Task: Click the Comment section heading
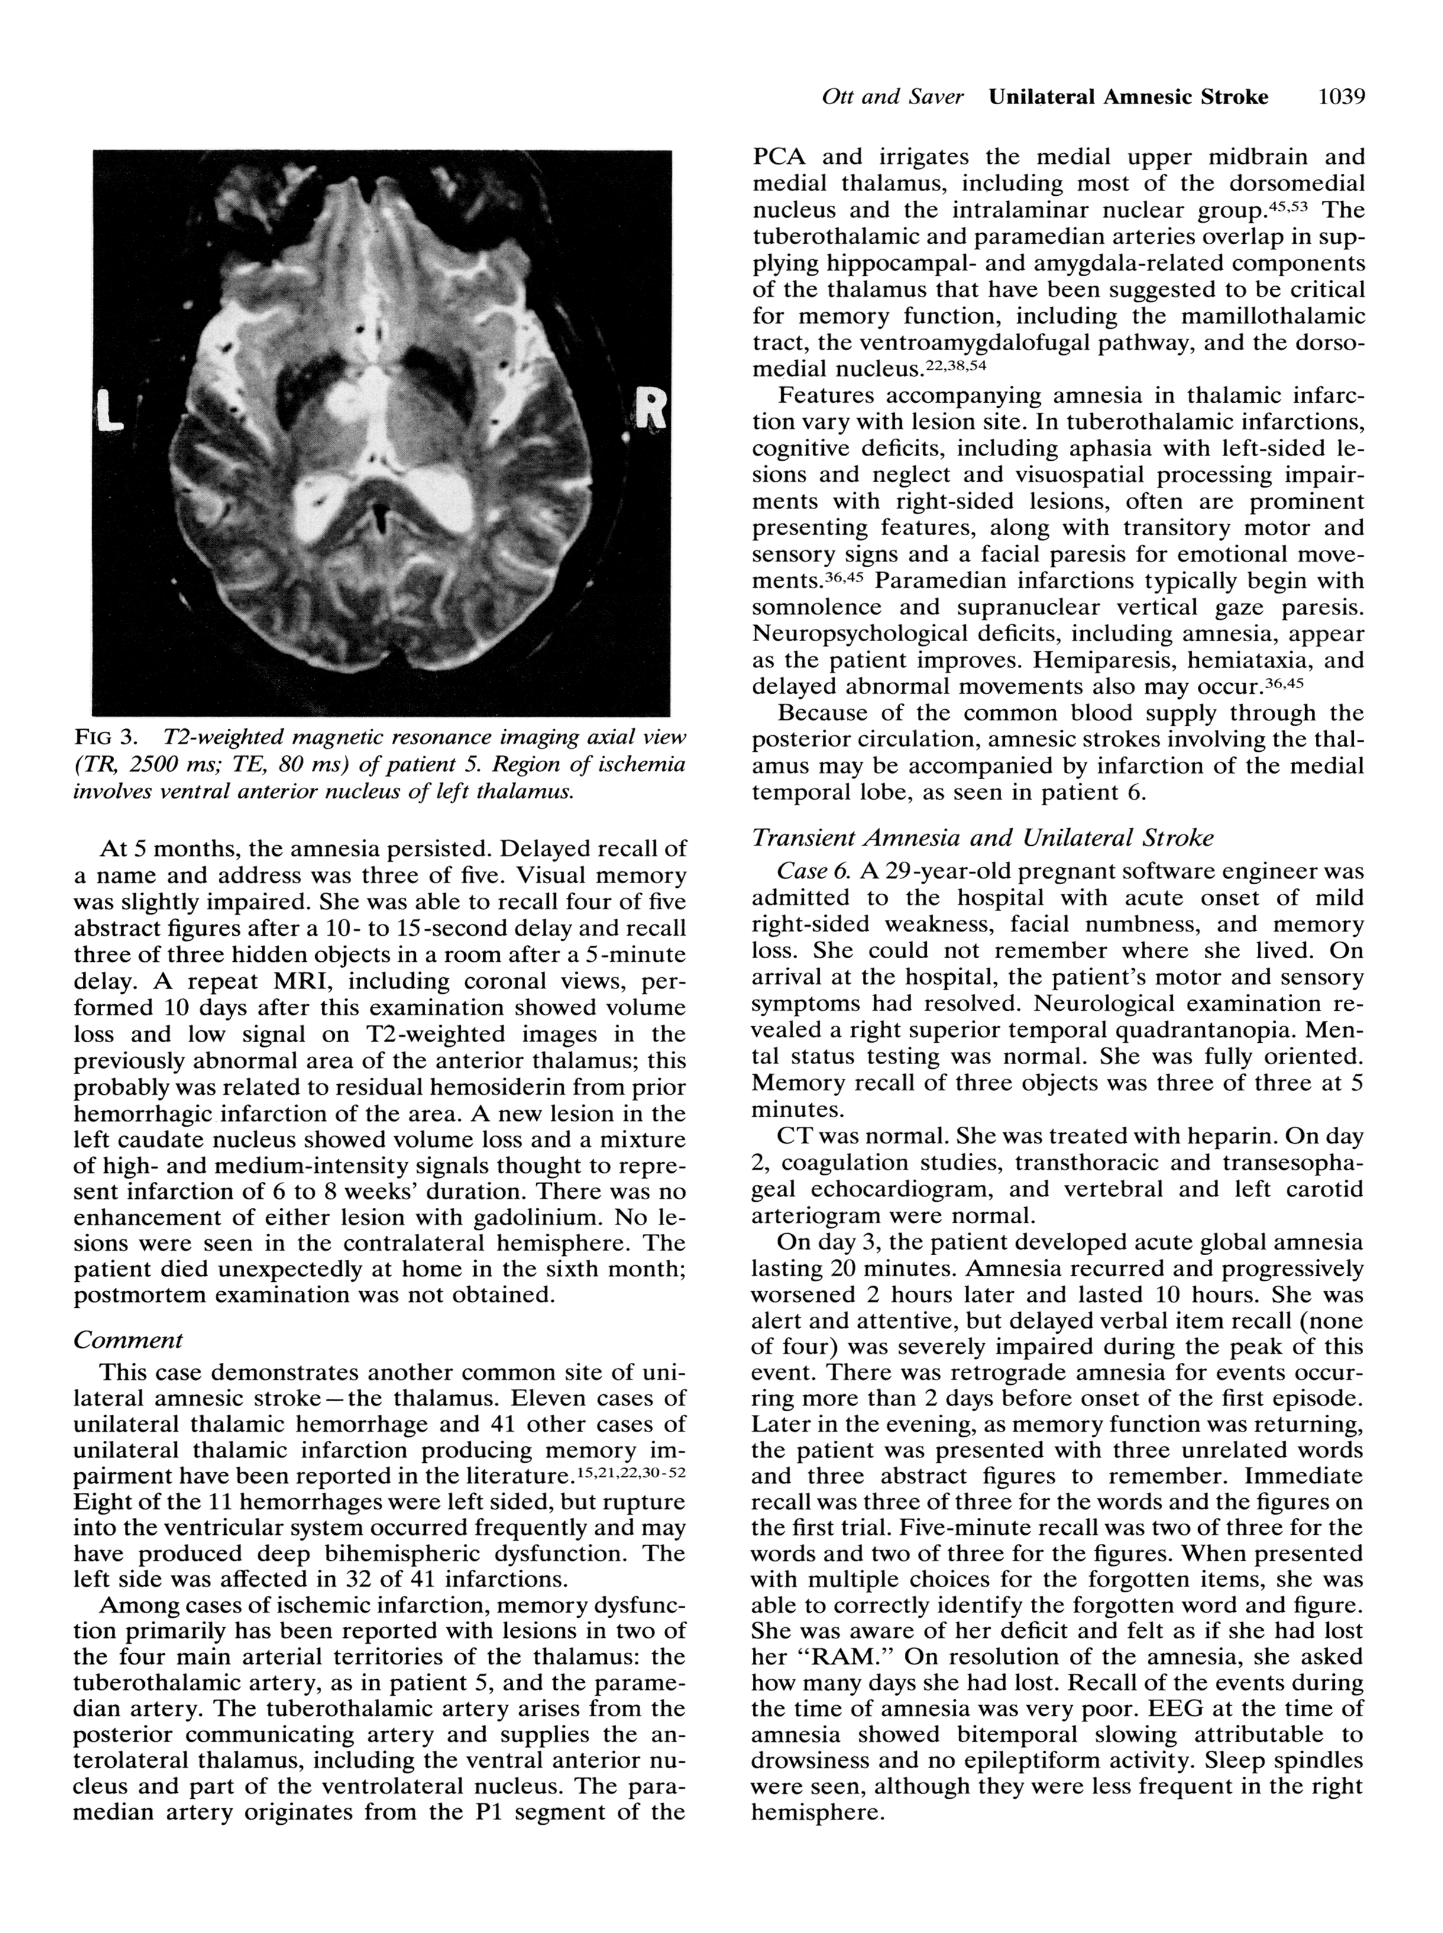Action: (x=128, y=1339)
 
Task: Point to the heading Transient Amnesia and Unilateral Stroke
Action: (x=983, y=838)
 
